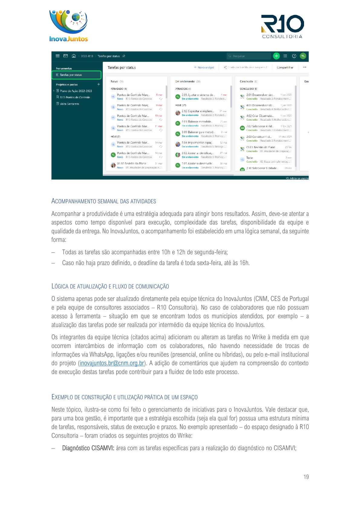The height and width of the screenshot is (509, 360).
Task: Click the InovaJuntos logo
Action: click(x=69, y=26)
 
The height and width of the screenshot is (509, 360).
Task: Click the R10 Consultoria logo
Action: click(x=282, y=27)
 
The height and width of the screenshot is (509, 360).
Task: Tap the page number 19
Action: click(x=306, y=477)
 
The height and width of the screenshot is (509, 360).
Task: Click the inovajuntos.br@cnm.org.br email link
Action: click(x=112, y=363)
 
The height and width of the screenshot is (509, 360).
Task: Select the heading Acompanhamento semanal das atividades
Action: click(x=103, y=201)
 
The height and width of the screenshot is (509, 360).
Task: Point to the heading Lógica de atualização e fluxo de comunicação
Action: click(x=110, y=286)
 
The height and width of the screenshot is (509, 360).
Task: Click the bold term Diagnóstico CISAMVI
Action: click(x=88, y=448)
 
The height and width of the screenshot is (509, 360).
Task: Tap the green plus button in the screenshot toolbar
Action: click(x=276, y=56)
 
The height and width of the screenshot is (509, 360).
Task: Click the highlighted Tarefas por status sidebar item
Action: click(x=76, y=75)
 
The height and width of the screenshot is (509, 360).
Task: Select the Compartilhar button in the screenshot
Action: click(x=285, y=67)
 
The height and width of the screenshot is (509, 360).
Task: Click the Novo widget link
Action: click(x=204, y=67)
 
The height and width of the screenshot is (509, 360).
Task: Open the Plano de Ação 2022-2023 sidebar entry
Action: click(x=76, y=91)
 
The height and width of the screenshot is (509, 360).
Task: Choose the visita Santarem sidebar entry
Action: click(x=69, y=104)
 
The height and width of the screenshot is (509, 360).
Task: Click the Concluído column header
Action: click(x=247, y=81)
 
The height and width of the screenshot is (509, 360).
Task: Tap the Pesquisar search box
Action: click(x=249, y=56)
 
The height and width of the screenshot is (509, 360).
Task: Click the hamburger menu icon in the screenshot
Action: click(x=57, y=56)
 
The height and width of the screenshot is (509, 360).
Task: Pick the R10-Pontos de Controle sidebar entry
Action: click(x=75, y=97)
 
